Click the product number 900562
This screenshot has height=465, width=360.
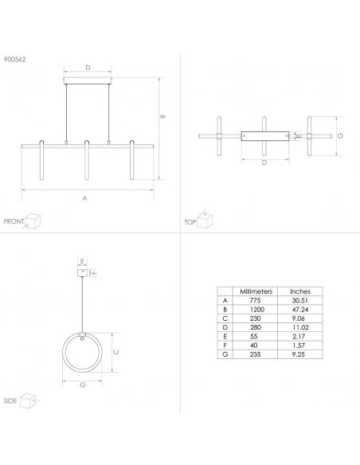tap(15, 59)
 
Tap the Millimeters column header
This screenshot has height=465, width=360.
tap(256, 291)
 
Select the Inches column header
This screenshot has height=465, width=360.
tap(300, 291)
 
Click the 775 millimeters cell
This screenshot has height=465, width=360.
tap(255, 300)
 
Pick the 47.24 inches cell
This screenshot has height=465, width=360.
tap(300, 309)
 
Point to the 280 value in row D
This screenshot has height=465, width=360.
tap(256, 327)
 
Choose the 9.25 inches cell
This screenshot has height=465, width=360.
tap(299, 354)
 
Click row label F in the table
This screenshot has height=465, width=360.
tap(225, 346)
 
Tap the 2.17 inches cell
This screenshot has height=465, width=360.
tap(299, 336)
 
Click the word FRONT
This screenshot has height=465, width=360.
tap(14, 221)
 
